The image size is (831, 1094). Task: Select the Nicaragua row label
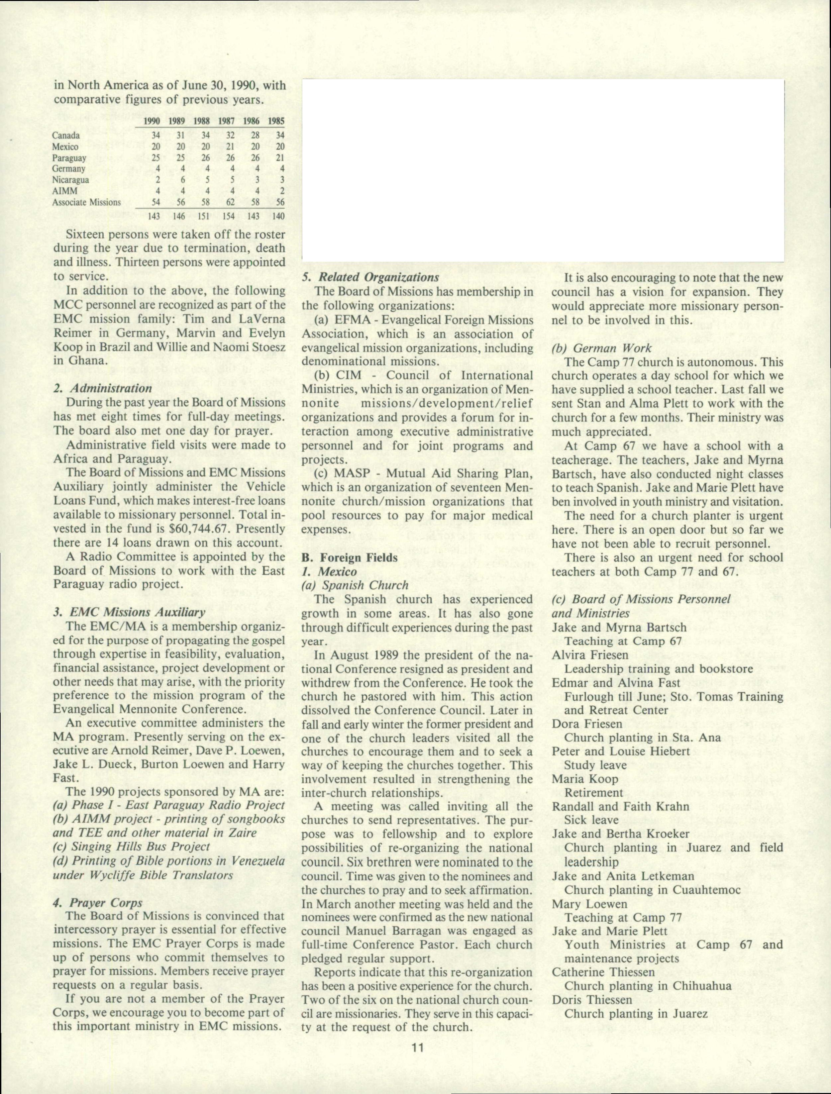coord(71,180)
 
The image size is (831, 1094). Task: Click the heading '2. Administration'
coord(102,388)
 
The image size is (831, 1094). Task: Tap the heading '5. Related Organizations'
coord(370,277)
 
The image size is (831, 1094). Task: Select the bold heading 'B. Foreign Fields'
coord(349,558)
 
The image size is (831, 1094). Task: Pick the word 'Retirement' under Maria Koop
coord(593,793)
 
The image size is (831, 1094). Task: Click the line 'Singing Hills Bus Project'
coord(131,847)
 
